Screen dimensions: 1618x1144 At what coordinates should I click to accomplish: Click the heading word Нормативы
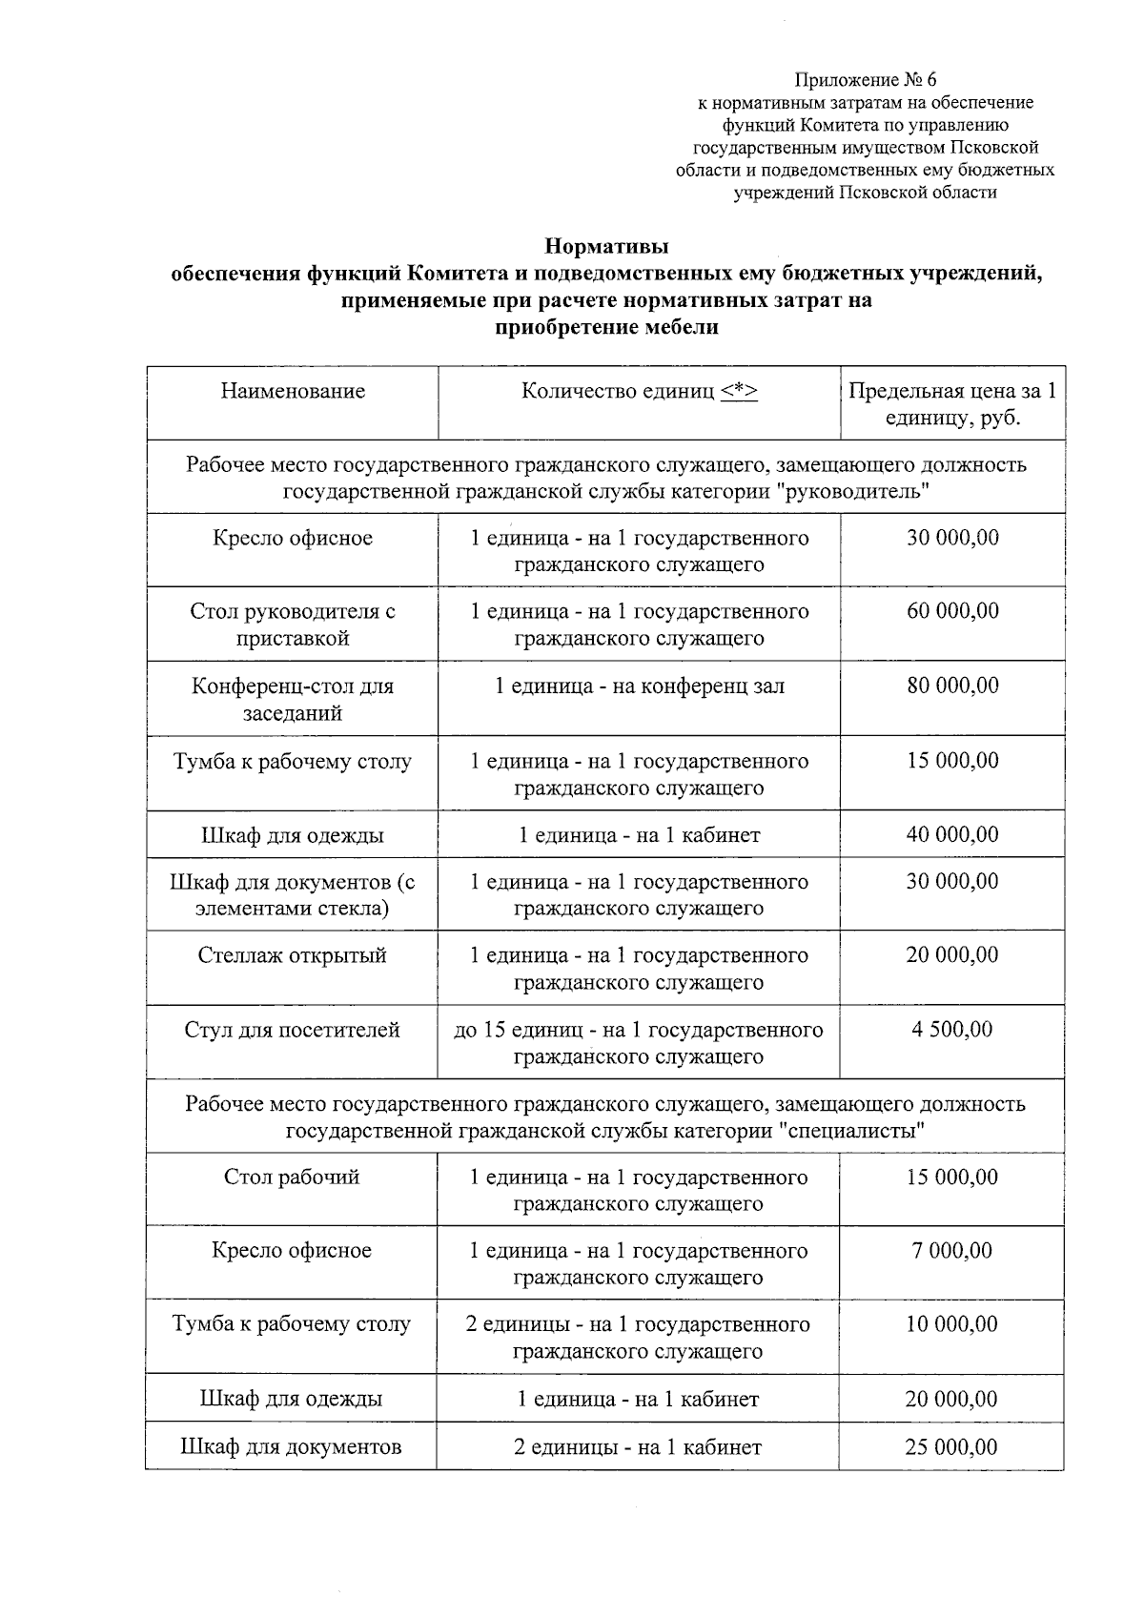606,246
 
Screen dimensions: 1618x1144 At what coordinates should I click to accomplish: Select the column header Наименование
293,391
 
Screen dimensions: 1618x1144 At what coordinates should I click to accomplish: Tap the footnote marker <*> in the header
740,391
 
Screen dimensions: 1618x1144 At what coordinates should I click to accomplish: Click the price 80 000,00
952,686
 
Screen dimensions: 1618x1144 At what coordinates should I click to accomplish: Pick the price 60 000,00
952,611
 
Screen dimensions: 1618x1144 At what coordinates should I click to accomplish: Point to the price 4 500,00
952,1030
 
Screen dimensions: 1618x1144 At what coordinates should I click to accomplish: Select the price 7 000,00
952,1250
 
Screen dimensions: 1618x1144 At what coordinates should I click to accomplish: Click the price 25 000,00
951,1447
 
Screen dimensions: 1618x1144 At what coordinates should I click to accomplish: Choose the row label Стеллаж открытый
293,955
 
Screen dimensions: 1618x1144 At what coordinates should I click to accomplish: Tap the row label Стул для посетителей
292,1030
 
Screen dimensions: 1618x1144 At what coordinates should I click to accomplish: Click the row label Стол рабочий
292,1177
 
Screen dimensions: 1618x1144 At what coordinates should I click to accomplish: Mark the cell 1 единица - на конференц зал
640,686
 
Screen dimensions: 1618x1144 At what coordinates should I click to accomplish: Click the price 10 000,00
951,1324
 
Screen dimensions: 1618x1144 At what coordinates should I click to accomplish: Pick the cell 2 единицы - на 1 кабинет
638,1447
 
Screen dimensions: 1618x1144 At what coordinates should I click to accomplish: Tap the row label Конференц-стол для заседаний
293,699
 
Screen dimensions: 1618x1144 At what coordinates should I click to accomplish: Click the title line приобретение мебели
606,327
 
